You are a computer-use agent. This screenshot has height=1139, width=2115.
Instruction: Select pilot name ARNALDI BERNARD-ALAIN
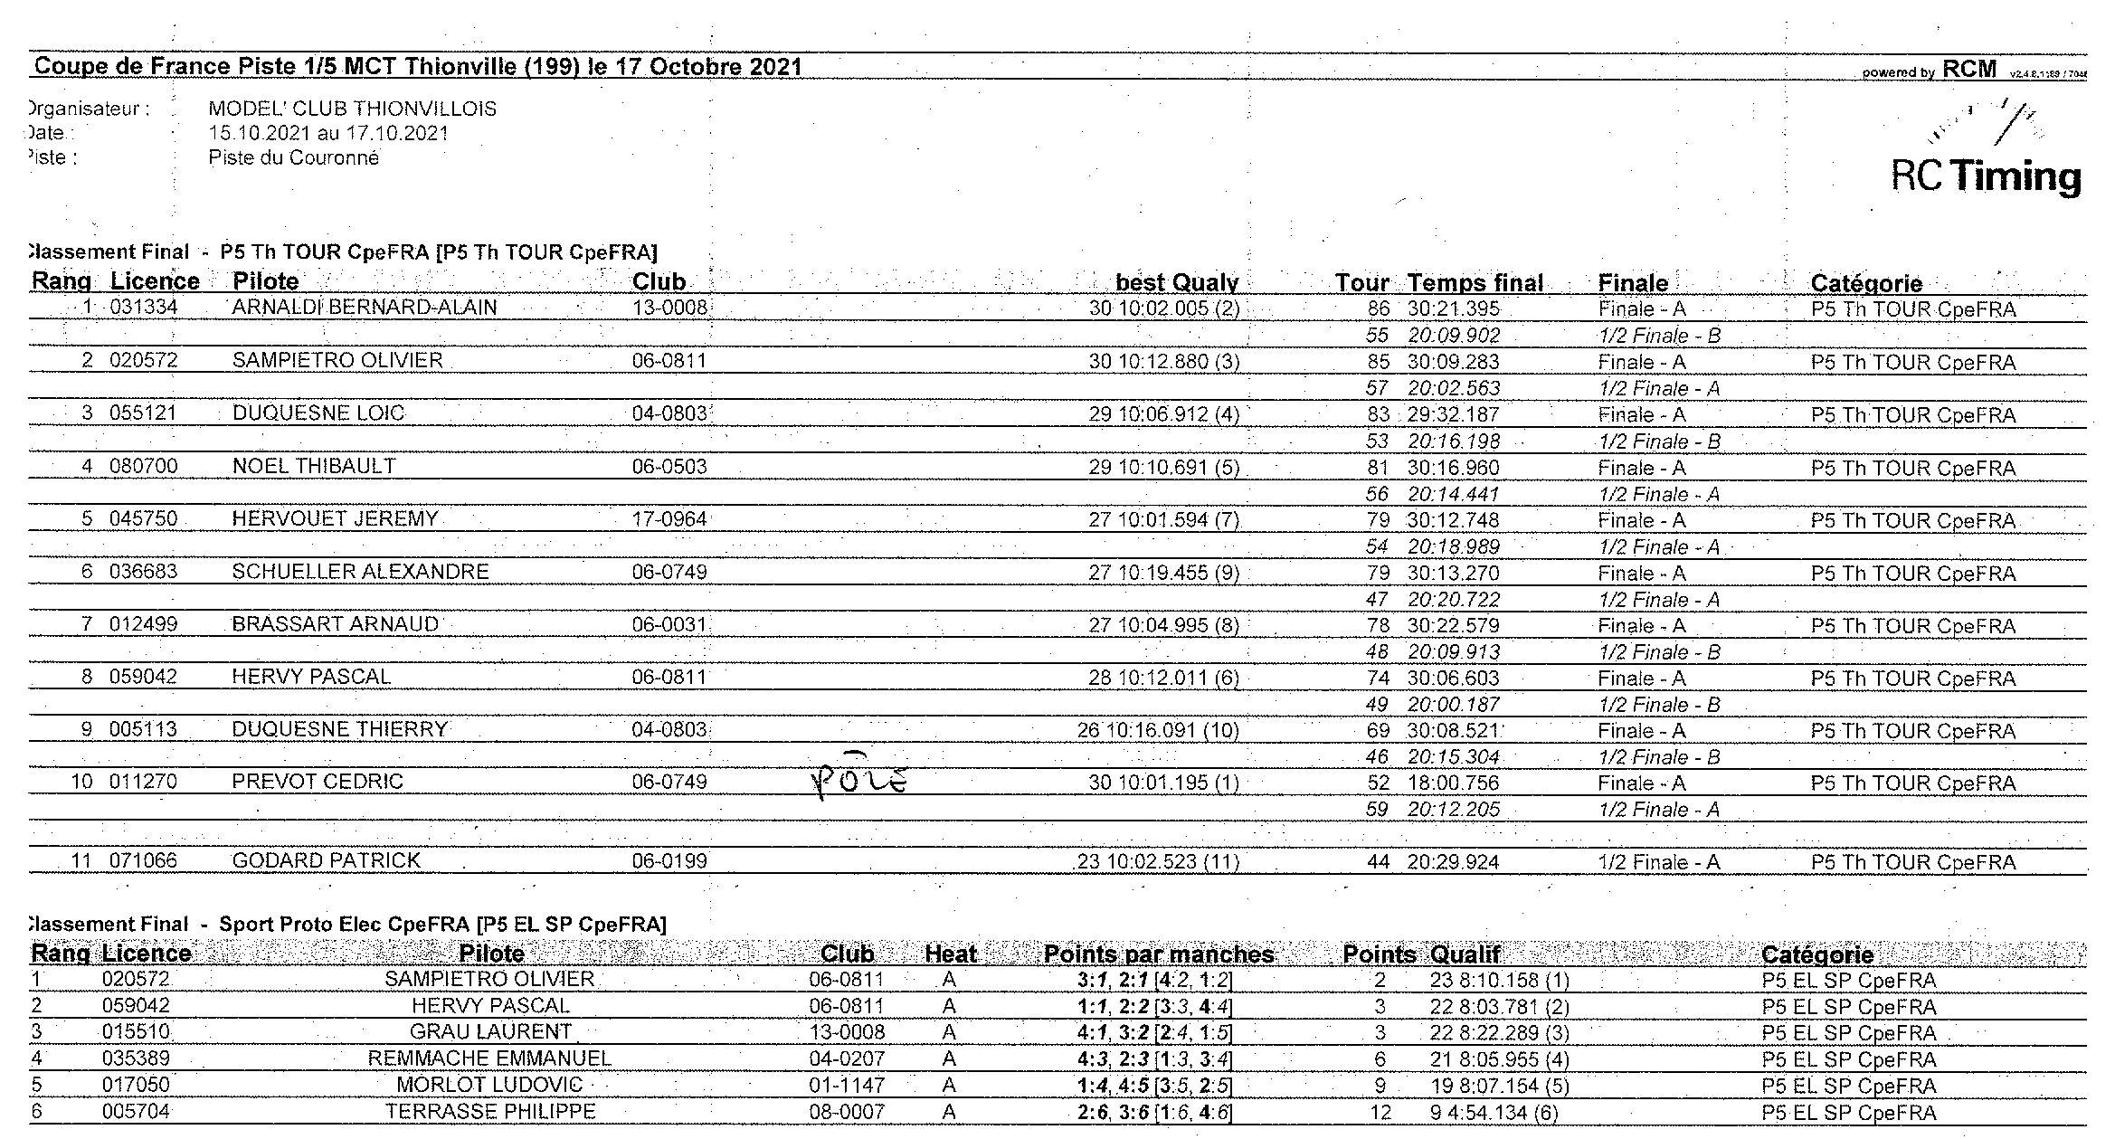(x=365, y=308)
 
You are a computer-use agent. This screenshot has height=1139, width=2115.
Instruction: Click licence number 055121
(x=144, y=413)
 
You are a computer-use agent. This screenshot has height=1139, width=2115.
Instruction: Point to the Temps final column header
(x=1475, y=283)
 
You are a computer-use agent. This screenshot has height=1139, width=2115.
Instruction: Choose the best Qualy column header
(x=1176, y=283)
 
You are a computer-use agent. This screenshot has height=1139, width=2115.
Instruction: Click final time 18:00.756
(x=1453, y=783)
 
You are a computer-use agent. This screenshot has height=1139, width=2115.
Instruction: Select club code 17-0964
(x=669, y=519)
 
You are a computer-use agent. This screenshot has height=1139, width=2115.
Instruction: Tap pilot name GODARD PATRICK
(x=327, y=860)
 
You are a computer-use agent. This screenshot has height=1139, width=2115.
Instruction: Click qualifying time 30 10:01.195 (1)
(x=1163, y=783)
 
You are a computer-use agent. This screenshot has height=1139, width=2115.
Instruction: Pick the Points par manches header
(x=1159, y=954)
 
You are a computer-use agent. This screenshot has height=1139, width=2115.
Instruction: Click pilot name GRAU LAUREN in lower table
(x=490, y=1032)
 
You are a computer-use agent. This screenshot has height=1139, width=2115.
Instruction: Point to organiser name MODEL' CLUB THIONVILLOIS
(x=353, y=109)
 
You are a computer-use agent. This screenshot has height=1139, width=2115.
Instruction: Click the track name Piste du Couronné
(x=294, y=158)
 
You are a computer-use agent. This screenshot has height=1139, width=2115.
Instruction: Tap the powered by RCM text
(x=1929, y=71)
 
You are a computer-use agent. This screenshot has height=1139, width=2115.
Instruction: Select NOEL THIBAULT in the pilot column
(x=314, y=467)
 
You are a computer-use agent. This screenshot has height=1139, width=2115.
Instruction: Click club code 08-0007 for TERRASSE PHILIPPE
(x=847, y=1112)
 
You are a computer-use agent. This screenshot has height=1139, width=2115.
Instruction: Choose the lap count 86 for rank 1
(x=1378, y=308)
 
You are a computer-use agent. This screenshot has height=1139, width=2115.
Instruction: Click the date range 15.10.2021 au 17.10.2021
(x=328, y=134)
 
